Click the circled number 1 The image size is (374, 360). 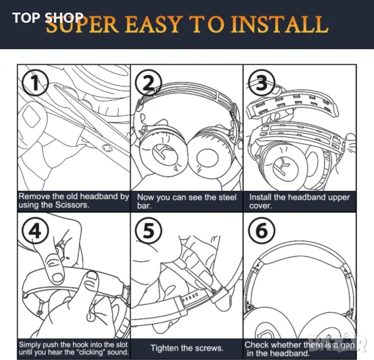tap(35, 83)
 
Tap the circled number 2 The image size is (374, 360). tap(149, 83)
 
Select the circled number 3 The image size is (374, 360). tap(262, 83)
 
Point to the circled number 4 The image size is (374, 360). tap(35, 230)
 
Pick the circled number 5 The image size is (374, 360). tap(149, 230)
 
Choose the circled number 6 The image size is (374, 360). tap(262, 230)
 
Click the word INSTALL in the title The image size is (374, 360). tap(280, 25)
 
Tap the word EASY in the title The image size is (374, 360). tap(152, 25)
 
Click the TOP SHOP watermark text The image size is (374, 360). tap(47, 17)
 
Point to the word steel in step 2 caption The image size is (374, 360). tap(225, 197)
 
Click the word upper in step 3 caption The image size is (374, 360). tap(339, 197)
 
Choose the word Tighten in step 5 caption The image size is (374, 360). tap(164, 348)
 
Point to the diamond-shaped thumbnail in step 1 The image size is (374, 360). tap(31, 116)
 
